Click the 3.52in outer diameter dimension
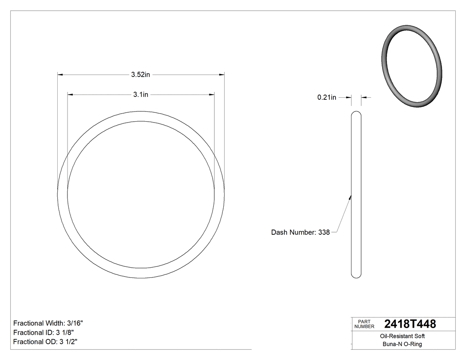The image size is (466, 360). [140, 75]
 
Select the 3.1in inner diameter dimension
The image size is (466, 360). [140, 94]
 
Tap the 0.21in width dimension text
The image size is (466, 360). [327, 97]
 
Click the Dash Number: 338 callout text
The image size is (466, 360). [300, 232]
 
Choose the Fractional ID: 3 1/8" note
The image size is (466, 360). [43, 332]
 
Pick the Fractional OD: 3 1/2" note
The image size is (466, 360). [46, 341]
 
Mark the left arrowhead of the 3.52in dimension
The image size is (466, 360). [60, 75]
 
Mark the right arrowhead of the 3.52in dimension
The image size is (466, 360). [221, 75]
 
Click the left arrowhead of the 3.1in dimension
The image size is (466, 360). [70, 94]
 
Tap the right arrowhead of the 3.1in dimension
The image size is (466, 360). [212, 94]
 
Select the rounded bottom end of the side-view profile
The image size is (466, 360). [356, 276]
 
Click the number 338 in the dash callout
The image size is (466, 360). [324, 232]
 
